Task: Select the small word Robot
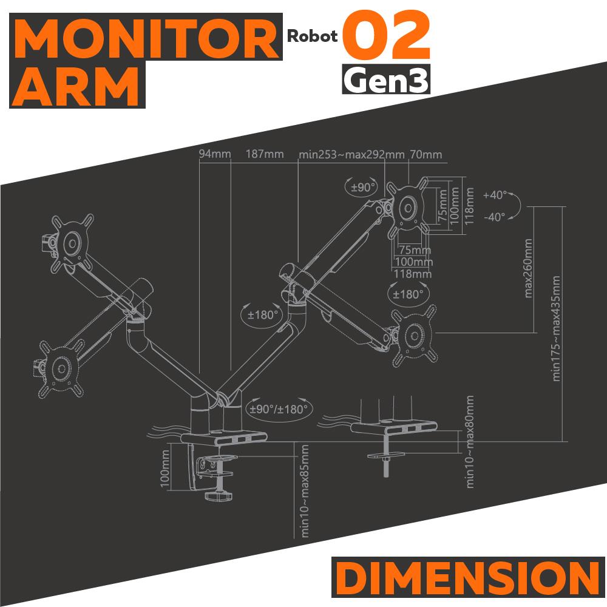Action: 313,36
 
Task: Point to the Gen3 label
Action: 387,79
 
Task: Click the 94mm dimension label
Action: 215,154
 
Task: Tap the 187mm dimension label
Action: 264,154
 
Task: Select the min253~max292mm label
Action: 351,154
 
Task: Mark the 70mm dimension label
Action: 426,154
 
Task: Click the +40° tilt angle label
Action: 495,195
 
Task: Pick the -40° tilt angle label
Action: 495,217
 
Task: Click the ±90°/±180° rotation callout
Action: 278,409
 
